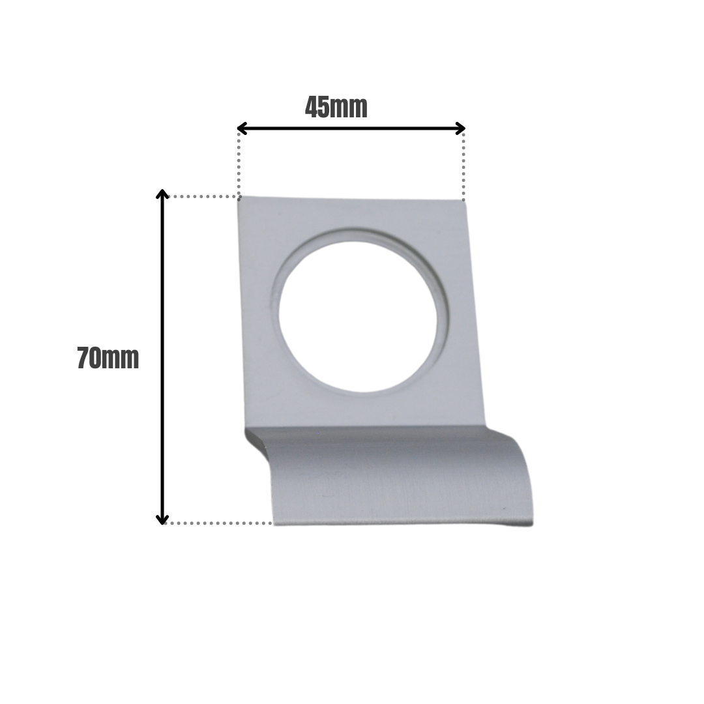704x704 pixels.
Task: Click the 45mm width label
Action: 336,108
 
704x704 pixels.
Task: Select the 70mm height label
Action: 108,359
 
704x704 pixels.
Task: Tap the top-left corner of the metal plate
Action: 239,198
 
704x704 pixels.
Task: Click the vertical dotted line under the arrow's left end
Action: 239,163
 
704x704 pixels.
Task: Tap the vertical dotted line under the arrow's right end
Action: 463,166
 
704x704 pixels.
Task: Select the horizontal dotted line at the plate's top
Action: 202,196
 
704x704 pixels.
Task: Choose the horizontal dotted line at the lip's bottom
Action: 218,523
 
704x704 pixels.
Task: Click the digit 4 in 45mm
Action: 312,108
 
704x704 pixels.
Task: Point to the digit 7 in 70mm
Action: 83,359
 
